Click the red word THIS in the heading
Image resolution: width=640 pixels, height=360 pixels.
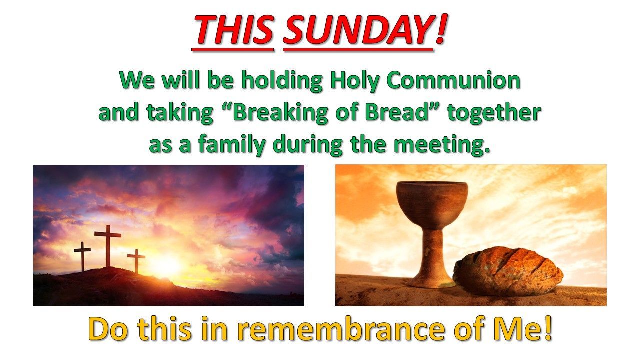point(233,29)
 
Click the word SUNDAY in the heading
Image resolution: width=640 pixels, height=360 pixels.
point(358,29)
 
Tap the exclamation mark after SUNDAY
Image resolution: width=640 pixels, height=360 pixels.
point(441,29)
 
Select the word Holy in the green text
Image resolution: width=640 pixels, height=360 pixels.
point(355,81)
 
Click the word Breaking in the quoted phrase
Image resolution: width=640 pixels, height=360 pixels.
point(281,113)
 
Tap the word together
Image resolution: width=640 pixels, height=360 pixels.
point(494,113)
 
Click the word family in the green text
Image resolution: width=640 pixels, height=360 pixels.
point(231,145)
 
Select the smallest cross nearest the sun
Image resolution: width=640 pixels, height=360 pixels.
point(136,261)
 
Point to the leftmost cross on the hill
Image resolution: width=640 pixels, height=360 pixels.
point(82,256)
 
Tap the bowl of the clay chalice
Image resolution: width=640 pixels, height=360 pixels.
point(432,205)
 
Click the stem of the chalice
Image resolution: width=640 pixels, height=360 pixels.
point(433,251)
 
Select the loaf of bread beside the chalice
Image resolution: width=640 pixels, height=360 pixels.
point(508,271)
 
